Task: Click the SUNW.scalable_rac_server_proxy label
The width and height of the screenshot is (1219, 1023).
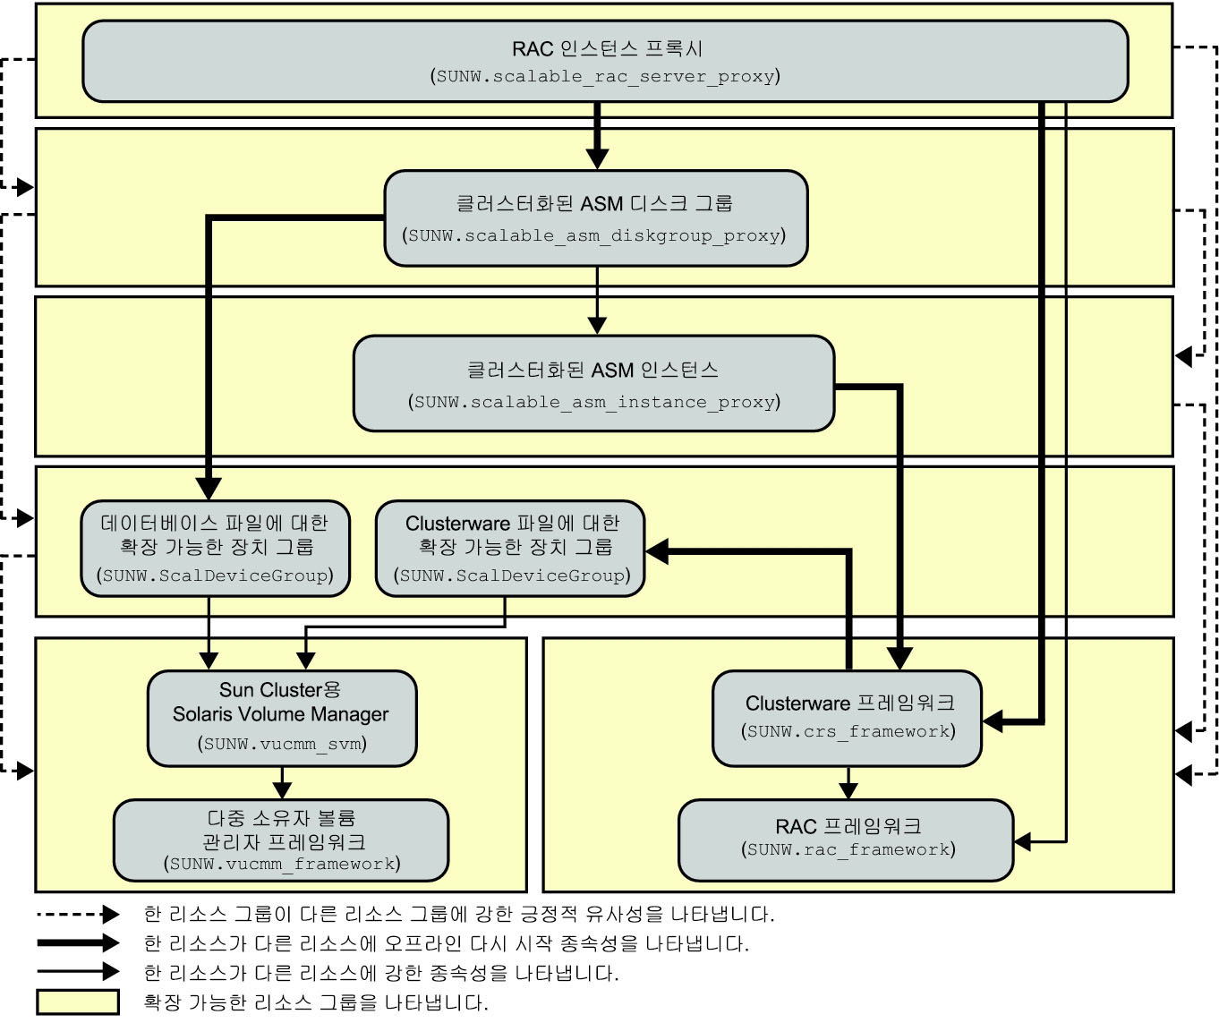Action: pos(605,76)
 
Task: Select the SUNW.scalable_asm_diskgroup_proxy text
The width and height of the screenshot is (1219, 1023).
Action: pos(593,236)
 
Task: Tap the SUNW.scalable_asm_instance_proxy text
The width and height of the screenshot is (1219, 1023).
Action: pos(593,402)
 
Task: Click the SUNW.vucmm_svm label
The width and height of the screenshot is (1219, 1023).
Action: pos(282,744)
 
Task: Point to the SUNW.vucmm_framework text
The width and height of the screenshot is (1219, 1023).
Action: pos(282,864)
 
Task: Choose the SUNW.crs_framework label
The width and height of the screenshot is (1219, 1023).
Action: pos(848,731)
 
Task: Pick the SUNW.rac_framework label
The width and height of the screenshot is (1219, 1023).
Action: pos(848,849)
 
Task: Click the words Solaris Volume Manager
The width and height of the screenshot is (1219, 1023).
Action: pos(280,714)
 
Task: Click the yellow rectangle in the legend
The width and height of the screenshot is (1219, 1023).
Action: pos(78,1002)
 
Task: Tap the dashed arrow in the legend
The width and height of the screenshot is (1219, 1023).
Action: pos(78,914)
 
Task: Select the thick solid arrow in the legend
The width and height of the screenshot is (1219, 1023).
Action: pos(78,942)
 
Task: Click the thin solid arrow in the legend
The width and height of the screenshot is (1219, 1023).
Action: pos(78,972)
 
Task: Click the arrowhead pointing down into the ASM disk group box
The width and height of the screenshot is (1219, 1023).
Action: pos(597,158)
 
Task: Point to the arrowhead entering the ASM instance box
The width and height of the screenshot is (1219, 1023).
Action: pos(597,326)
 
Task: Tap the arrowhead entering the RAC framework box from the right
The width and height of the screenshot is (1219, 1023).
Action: pos(1023,842)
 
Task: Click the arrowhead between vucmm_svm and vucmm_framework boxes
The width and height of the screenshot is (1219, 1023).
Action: pos(282,790)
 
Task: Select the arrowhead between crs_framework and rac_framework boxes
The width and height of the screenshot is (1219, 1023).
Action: pos(848,790)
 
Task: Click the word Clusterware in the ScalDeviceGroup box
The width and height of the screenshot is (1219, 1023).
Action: pos(457,524)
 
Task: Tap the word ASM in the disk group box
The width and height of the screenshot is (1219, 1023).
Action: pos(601,204)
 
